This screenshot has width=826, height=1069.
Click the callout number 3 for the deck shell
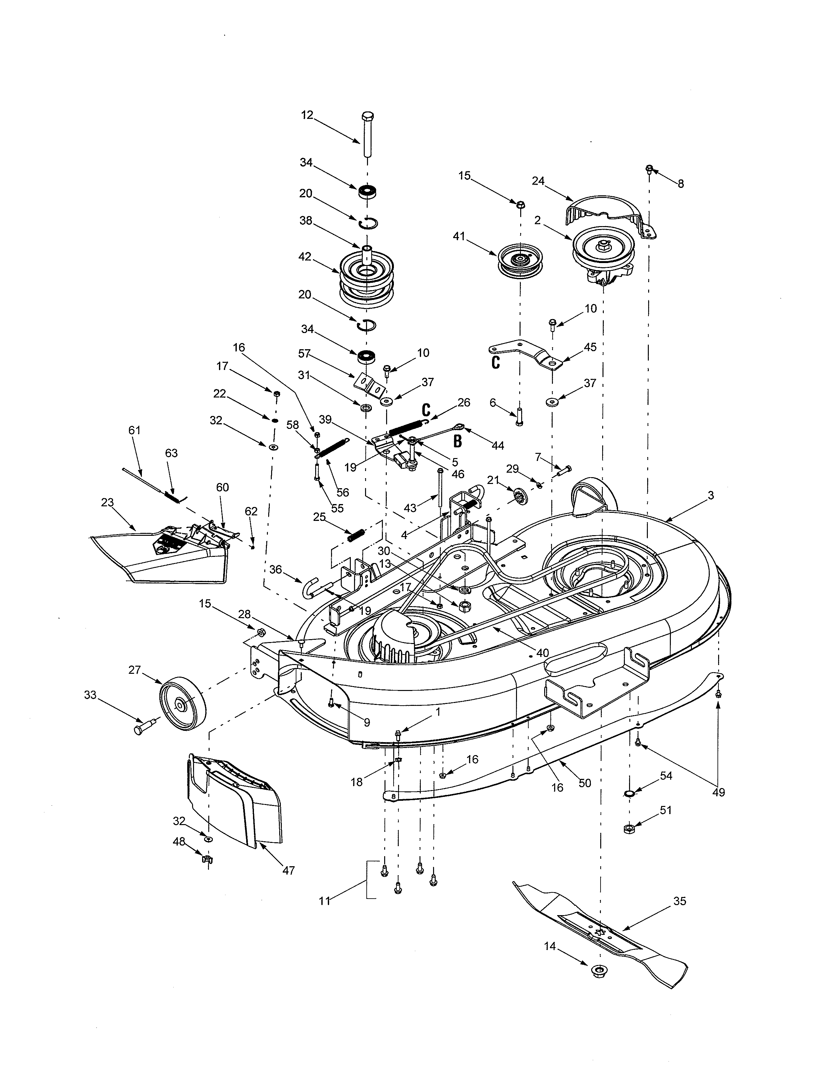click(710, 495)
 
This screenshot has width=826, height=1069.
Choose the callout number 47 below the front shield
click(289, 871)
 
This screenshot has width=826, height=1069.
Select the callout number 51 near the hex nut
click(666, 810)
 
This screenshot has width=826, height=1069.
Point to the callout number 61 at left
click(134, 430)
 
